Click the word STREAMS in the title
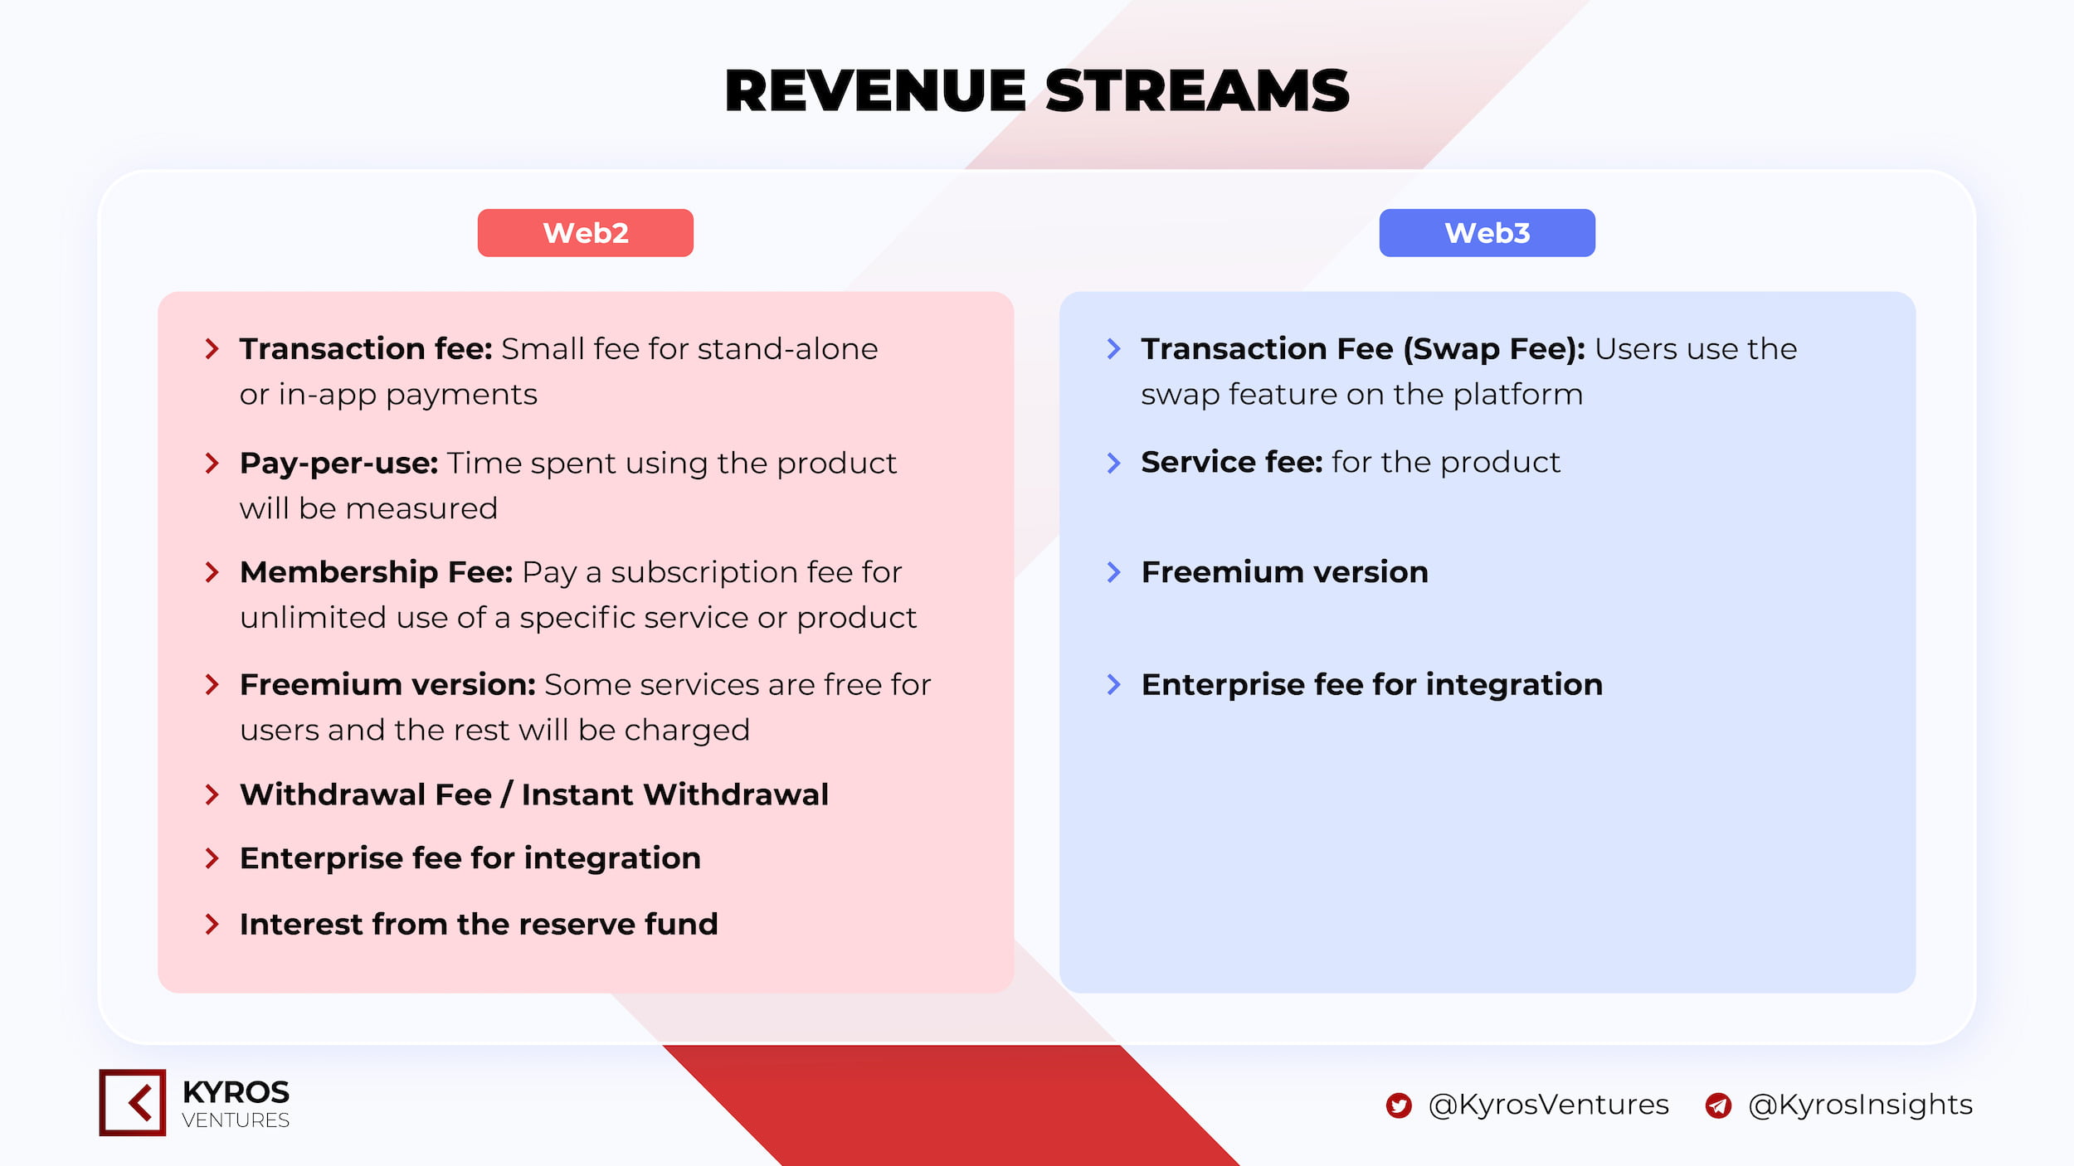point(1197,90)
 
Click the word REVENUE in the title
point(876,90)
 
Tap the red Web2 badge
point(585,233)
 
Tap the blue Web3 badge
point(1487,233)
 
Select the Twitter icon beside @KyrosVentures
point(1399,1105)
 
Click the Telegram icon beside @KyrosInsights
point(1718,1105)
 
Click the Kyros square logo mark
point(133,1102)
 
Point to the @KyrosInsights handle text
point(1860,1105)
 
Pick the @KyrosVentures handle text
point(1548,1105)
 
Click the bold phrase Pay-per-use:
point(338,464)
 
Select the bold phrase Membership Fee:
point(377,572)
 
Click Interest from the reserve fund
point(479,924)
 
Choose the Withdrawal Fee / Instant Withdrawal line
point(534,794)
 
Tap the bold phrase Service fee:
point(1232,462)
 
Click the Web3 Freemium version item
point(1285,572)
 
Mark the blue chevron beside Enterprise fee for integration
point(1114,685)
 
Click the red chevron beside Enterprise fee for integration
point(212,858)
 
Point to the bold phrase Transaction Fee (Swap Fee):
point(1363,349)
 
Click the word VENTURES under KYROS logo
point(236,1120)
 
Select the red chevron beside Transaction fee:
point(212,349)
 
